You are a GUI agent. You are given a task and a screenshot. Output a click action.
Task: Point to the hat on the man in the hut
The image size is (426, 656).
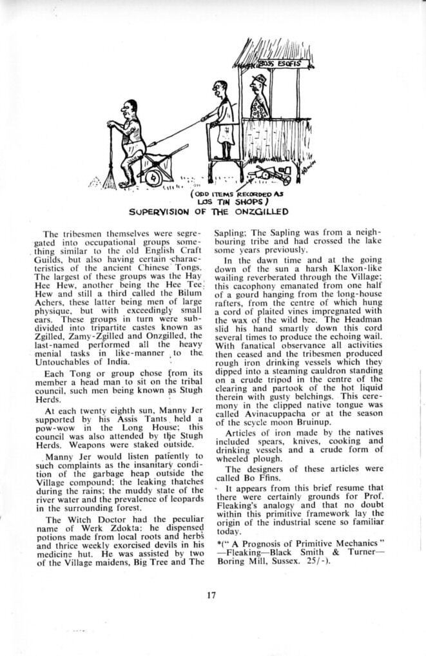click(x=259, y=79)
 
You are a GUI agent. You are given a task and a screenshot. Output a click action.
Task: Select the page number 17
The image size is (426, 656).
click(x=212, y=595)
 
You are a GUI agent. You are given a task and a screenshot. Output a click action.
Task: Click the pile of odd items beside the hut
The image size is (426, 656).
click(x=271, y=173)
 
